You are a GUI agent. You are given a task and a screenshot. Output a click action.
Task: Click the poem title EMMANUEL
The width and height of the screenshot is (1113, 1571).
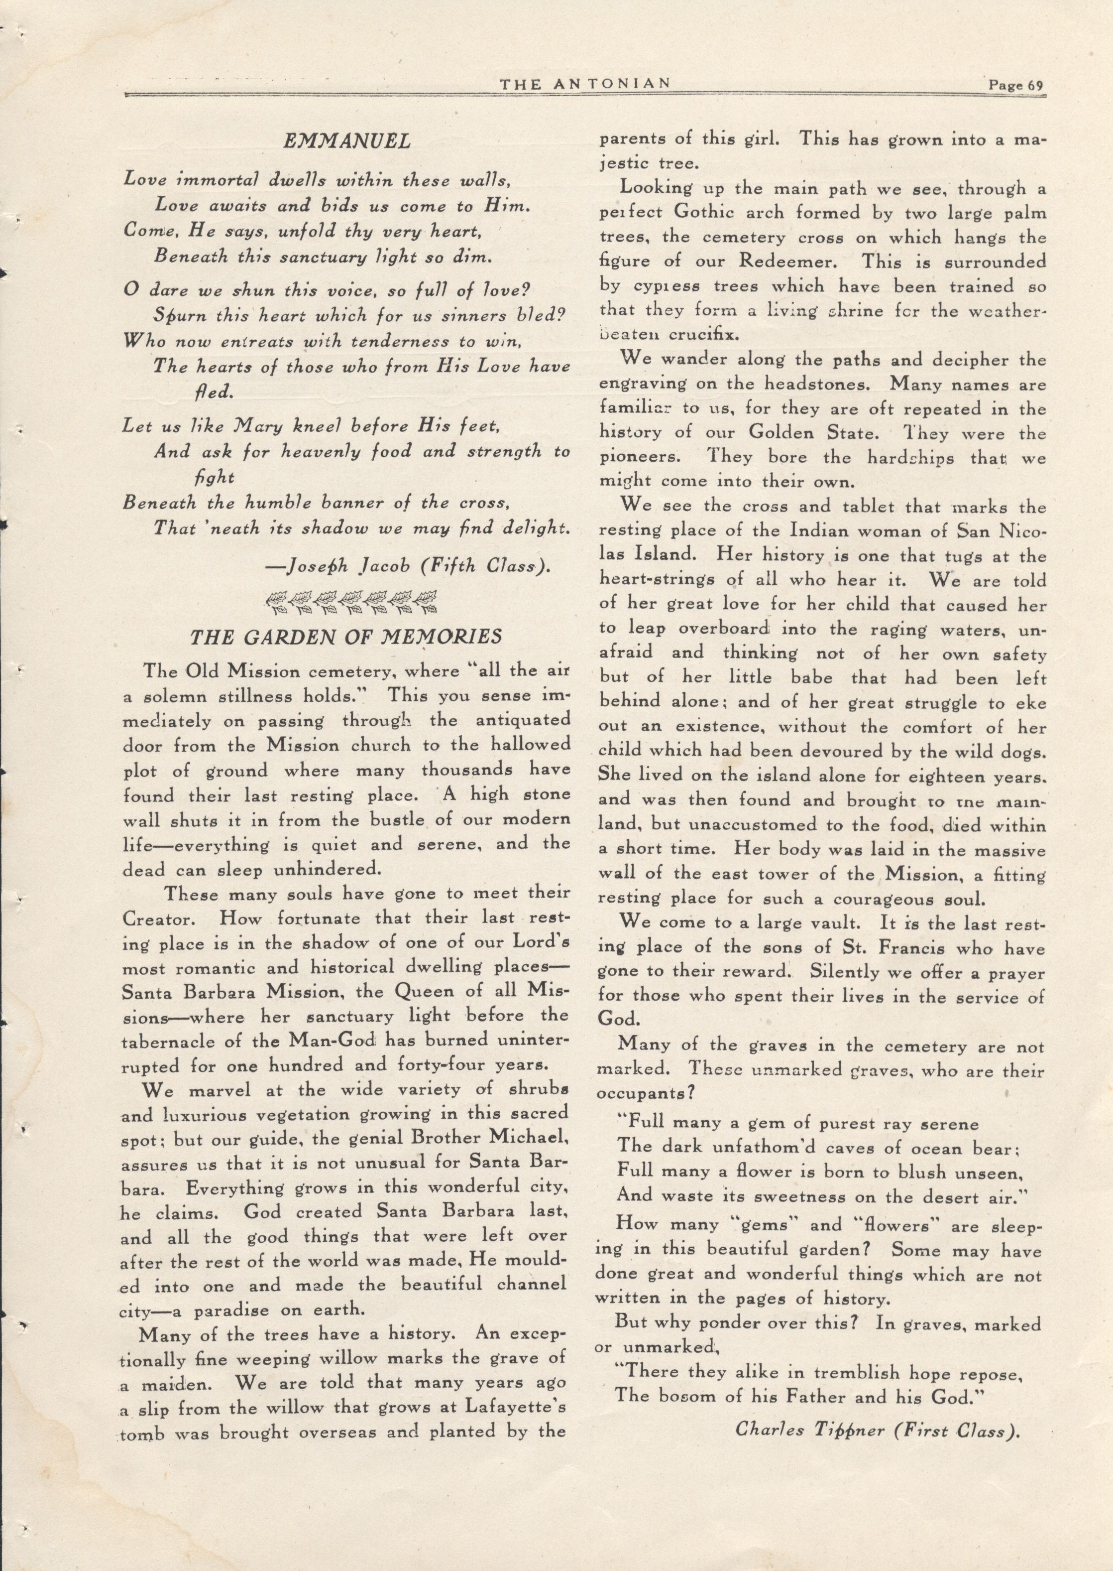point(347,141)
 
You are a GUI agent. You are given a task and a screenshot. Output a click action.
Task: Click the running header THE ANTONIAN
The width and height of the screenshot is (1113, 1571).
point(584,84)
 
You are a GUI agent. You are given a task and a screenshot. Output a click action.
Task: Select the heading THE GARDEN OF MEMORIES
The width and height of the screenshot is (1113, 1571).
point(346,637)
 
